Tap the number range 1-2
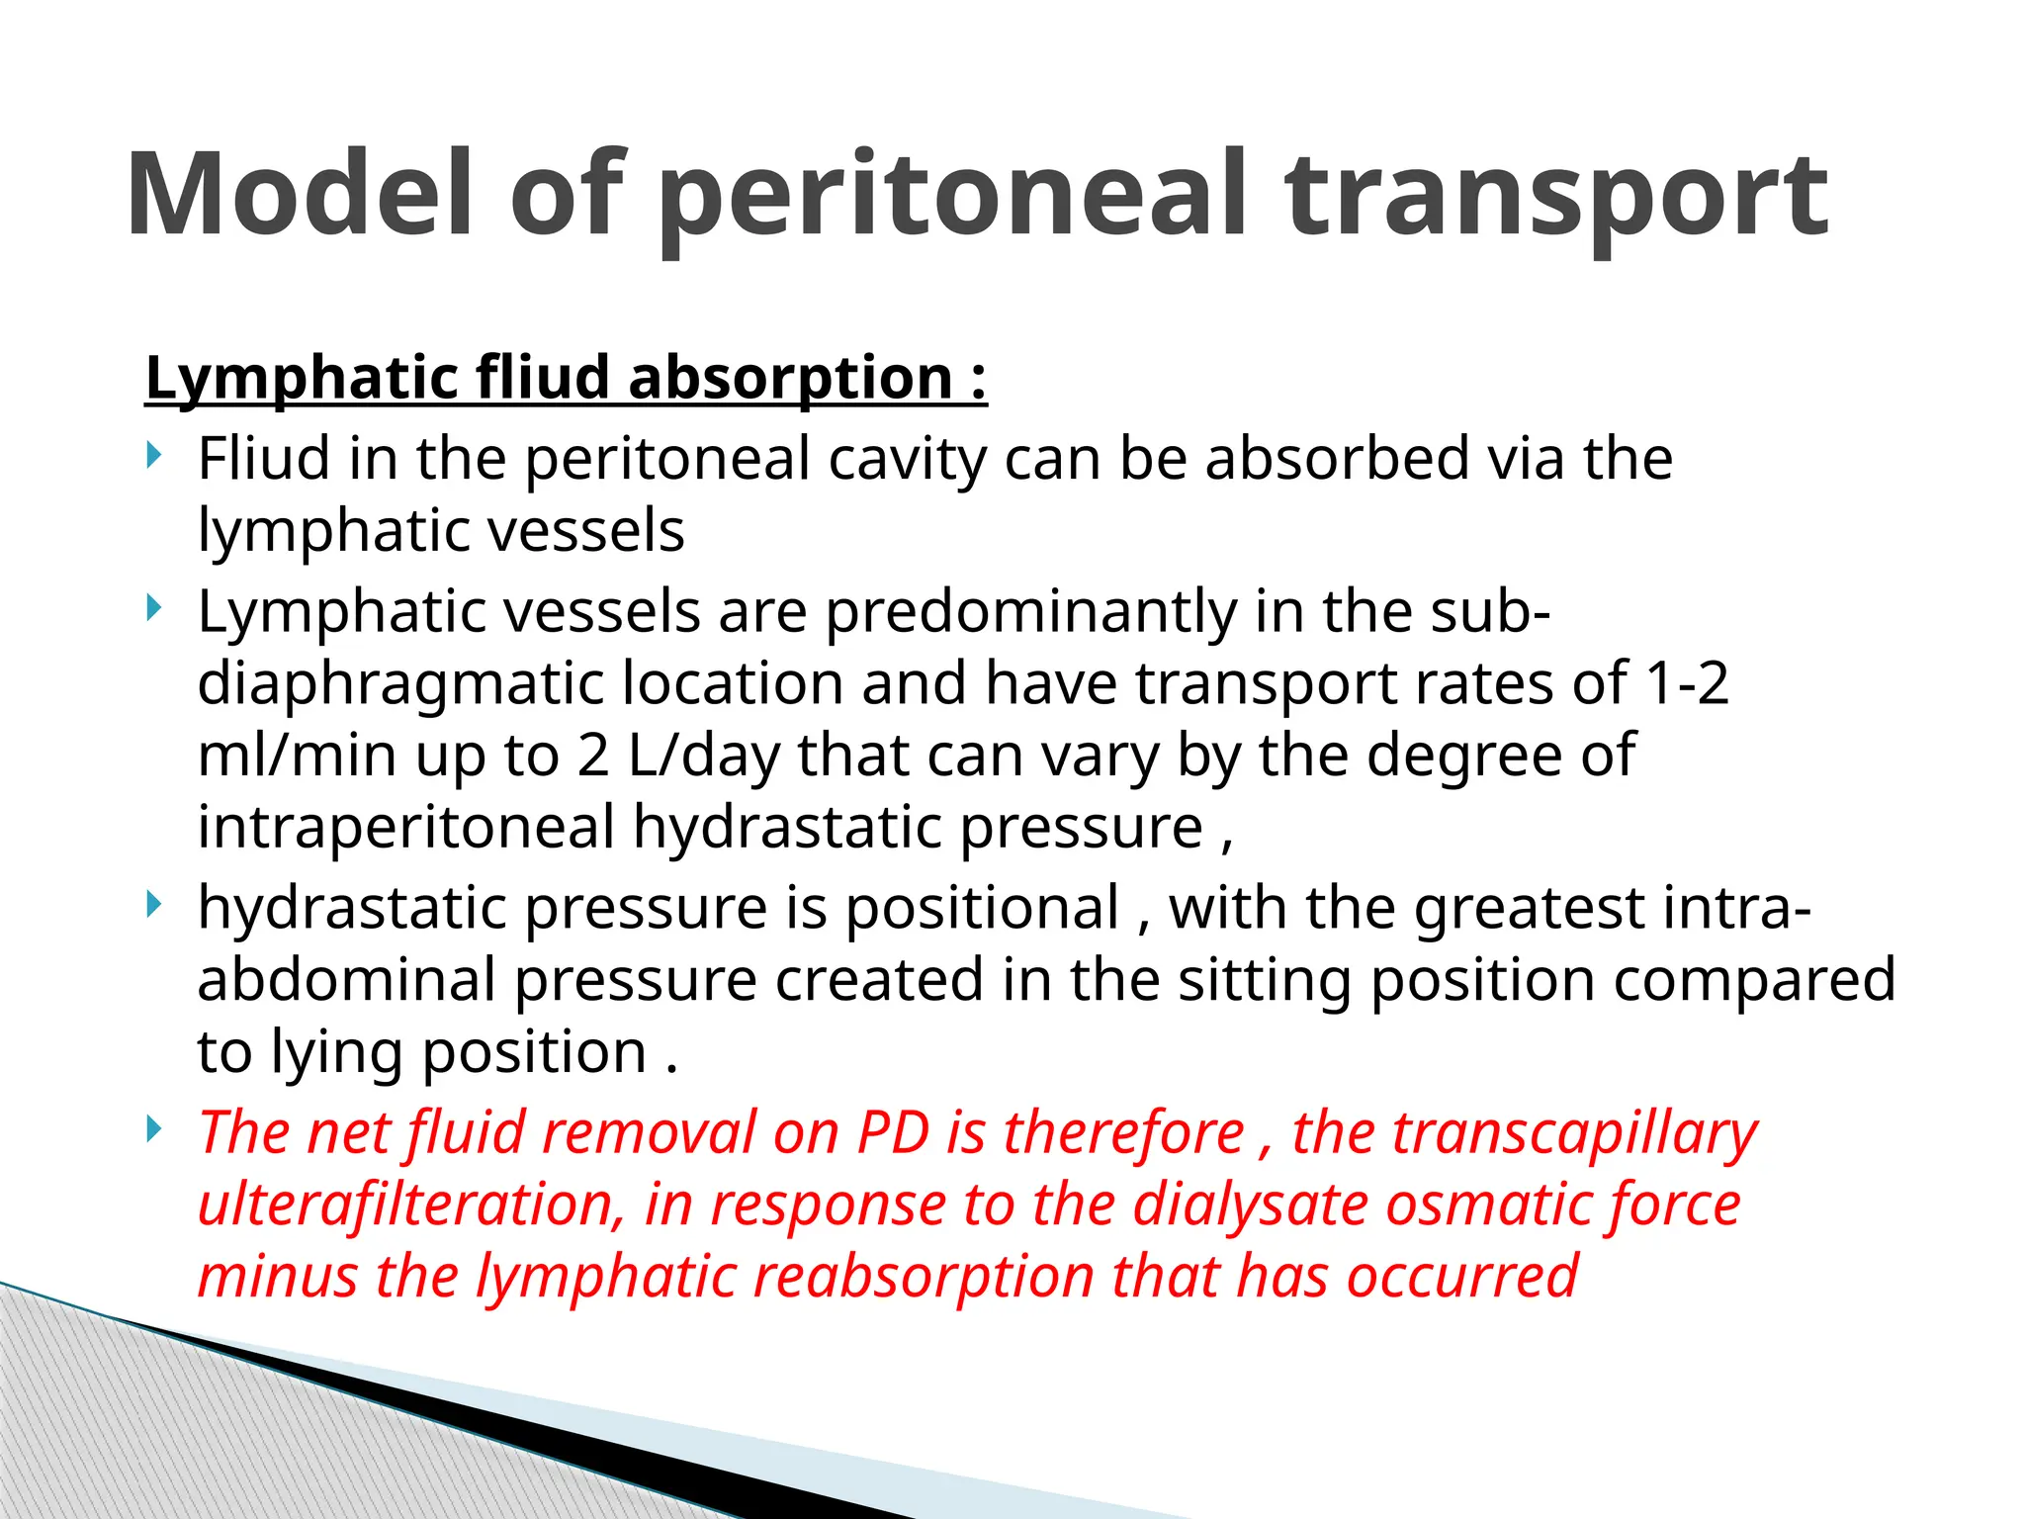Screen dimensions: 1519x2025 (x=1686, y=683)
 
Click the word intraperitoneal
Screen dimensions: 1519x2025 (x=406, y=827)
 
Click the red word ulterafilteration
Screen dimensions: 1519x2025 (x=411, y=1206)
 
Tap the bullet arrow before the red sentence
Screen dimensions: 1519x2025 (x=152, y=1128)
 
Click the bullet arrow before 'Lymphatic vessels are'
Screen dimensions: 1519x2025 (x=152, y=607)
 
